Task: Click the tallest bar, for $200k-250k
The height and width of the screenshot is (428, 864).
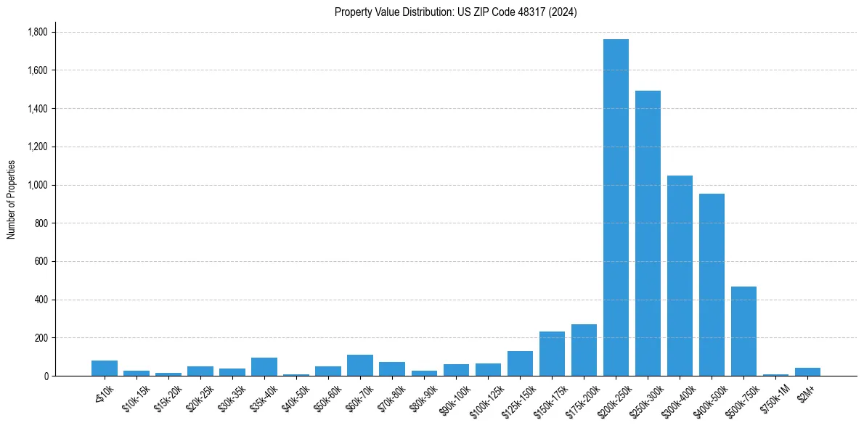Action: pos(616,207)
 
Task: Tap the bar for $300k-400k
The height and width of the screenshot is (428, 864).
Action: pos(680,276)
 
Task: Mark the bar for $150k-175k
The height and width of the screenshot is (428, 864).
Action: pos(552,354)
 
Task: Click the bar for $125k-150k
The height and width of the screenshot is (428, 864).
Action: pos(520,363)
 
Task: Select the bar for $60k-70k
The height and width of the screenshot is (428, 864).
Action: pos(360,366)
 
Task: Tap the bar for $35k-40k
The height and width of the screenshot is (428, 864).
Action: pos(264,367)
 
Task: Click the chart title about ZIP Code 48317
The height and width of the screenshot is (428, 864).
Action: pos(456,12)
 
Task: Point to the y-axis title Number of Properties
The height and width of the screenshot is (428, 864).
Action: pos(11,199)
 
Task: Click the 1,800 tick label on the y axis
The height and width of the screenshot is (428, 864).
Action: pos(38,32)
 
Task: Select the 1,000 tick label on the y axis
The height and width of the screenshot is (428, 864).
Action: pos(38,185)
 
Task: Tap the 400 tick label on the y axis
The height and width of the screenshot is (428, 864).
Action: pos(41,300)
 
